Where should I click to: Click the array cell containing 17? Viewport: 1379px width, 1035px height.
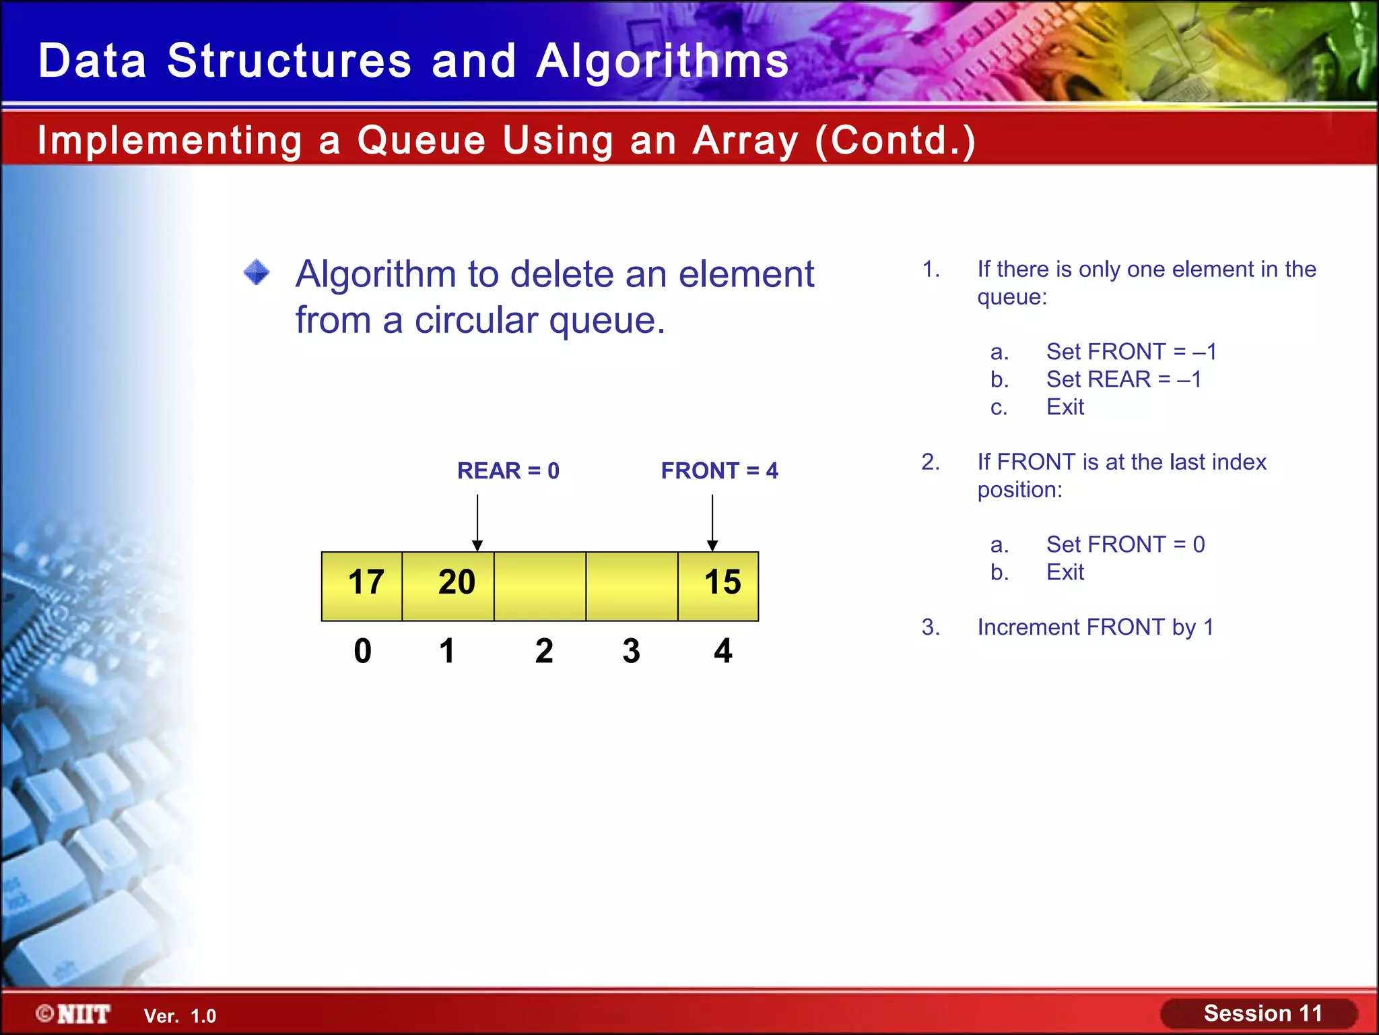[362, 586]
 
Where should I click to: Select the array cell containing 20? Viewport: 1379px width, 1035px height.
[448, 586]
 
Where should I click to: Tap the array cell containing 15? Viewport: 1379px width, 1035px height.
[718, 586]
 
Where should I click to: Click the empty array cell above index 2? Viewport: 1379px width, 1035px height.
[540, 586]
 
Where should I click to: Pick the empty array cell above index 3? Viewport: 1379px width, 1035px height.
[632, 586]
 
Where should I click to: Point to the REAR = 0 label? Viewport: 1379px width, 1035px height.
[508, 470]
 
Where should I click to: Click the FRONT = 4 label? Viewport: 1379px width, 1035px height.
[719, 470]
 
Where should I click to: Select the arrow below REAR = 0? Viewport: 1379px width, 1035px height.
[477, 523]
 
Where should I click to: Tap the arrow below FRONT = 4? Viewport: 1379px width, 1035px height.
[712, 523]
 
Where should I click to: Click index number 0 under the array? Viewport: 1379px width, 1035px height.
[362, 651]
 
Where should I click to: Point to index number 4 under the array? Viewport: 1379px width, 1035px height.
[723, 651]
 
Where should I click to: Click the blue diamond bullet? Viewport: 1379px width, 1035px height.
[257, 273]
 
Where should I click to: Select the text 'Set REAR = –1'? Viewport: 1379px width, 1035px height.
[1123, 379]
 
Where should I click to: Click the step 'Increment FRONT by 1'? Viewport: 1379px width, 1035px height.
[1095, 627]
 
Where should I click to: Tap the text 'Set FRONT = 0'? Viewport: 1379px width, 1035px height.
[1125, 544]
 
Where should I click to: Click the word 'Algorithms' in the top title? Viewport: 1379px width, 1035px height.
[663, 61]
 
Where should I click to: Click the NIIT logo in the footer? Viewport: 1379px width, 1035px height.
[74, 1014]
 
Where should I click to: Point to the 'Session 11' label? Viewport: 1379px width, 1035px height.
[1263, 1013]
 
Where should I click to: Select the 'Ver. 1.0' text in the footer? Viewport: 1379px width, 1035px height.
[180, 1016]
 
